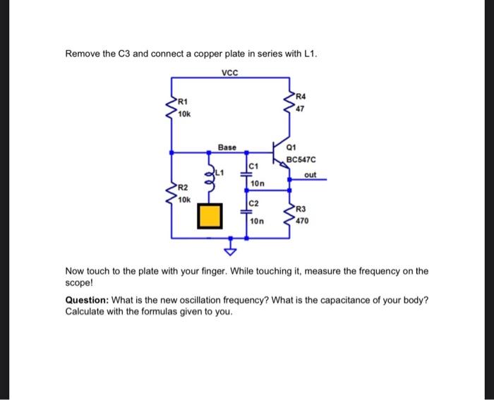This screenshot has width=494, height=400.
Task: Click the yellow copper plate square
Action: click(x=209, y=216)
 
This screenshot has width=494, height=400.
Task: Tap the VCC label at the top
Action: click(x=231, y=73)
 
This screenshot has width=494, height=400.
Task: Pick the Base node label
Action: click(x=227, y=147)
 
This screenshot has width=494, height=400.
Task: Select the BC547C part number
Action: click(x=301, y=160)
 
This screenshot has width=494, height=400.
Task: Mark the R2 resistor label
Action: click(x=183, y=188)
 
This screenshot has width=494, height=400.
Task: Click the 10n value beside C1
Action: click(x=257, y=183)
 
